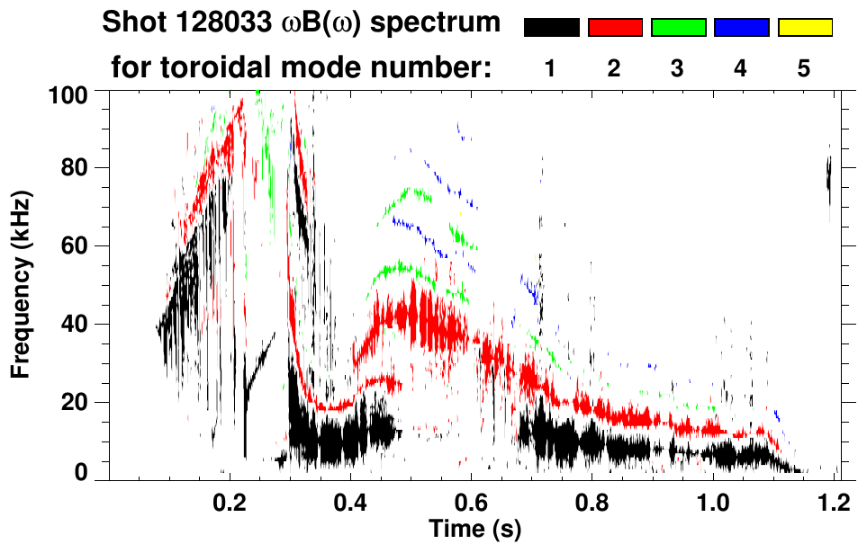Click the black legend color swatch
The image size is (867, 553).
coord(551,28)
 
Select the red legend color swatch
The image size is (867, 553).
coord(615,28)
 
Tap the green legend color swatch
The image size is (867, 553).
coord(678,28)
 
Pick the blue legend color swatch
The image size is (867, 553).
coord(741,28)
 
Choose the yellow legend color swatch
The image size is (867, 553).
coord(805,28)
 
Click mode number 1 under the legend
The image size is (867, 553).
coord(551,69)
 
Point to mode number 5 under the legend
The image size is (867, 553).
coord(804,69)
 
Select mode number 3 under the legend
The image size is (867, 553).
coord(678,69)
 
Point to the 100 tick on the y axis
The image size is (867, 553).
coord(70,94)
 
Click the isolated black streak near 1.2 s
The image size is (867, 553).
coord(828,175)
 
